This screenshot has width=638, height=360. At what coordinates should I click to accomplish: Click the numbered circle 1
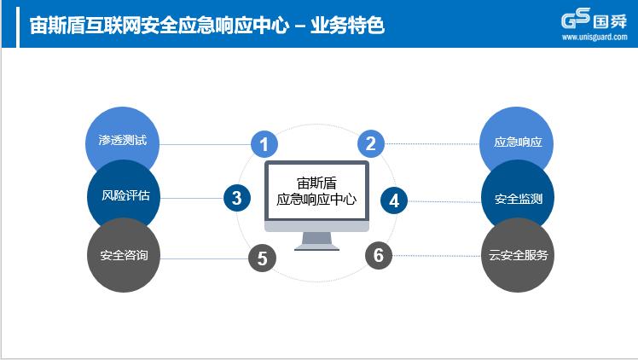264,144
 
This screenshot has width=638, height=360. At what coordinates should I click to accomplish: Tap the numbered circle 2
371,143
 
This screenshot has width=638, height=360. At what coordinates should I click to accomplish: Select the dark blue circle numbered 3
237,198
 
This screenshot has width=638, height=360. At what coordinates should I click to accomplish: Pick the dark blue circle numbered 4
394,200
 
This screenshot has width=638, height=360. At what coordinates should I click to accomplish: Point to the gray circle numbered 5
262,258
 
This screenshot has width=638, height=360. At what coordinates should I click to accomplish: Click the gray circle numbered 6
379,255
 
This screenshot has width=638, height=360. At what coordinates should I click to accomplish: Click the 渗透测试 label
122,141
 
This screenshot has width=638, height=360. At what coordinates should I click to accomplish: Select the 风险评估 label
125,195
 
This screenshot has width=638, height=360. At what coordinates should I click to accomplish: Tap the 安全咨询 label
124,255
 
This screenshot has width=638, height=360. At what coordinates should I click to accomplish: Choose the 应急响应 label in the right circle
518,142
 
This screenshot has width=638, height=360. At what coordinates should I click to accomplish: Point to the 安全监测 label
519,199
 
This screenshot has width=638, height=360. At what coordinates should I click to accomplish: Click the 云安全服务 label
518,255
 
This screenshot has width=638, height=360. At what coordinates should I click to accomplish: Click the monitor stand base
316,247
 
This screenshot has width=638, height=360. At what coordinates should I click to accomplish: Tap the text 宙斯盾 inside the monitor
316,183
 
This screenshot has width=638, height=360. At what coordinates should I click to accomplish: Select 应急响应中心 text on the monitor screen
316,200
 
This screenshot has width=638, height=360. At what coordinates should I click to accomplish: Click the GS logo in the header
576,19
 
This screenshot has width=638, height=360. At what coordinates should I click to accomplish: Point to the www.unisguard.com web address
594,37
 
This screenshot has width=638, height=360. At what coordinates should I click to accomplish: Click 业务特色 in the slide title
347,26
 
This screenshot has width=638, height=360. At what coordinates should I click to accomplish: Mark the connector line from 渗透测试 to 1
205,144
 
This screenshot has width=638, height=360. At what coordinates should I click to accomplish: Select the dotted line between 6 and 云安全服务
437,256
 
